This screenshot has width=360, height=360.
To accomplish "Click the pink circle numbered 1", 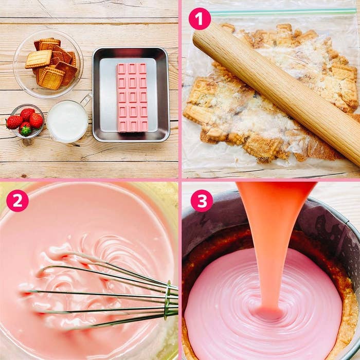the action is pos(200,19).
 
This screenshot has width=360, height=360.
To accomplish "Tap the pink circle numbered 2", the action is pos(17,201).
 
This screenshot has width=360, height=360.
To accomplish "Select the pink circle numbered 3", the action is pos(202,201).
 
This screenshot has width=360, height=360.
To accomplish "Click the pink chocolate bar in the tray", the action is pos(132,98).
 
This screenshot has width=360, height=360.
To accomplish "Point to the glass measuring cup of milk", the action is pos(67,121).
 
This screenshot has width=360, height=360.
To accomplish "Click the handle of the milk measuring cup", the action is pos(86,99).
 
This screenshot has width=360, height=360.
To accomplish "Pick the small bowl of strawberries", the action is pos(25,121).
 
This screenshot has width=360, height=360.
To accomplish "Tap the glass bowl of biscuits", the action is pos(48,64).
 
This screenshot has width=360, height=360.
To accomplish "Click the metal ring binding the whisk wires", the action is pos(168,300).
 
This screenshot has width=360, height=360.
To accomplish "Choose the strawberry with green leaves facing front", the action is pos(25,129).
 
